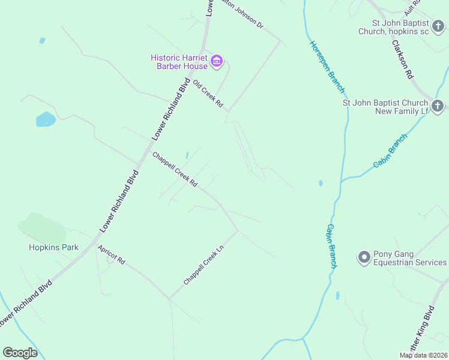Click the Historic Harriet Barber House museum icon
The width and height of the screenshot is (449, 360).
coord(217,61)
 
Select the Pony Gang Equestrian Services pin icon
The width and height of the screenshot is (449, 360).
coord(363,257)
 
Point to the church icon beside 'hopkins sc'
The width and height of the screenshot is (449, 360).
coord(438,26)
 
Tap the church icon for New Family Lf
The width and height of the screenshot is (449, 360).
coord(438,106)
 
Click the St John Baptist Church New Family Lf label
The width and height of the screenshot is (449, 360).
coord(384,107)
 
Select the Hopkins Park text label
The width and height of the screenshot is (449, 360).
coord(54,247)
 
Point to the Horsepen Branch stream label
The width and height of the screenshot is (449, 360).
coord(328,67)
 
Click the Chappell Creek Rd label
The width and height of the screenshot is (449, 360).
coord(175,169)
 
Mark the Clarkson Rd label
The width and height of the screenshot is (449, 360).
coord(402,58)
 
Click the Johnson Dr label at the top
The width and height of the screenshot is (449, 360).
coord(243,14)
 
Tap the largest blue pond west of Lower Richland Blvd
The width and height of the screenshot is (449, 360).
coord(46,119)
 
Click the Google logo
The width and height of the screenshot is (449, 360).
coord(20,353)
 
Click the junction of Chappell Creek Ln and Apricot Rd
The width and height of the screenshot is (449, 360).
coord(169,299)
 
